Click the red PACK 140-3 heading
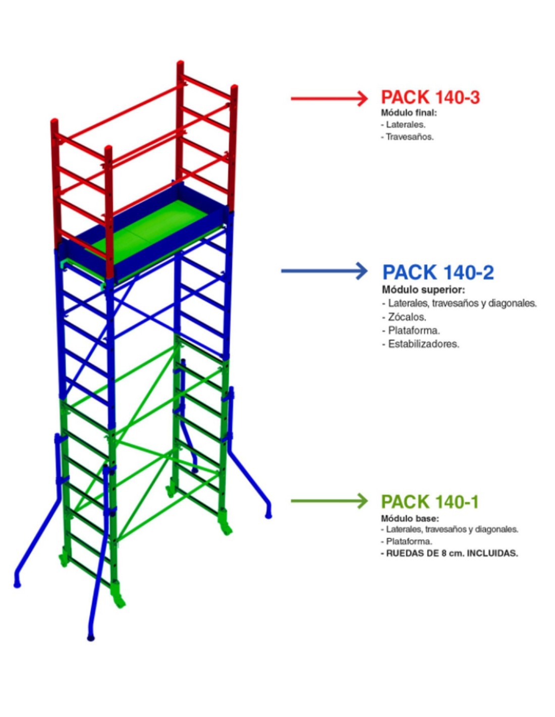430,97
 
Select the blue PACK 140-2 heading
437,272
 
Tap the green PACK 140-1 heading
429,502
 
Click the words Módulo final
409,113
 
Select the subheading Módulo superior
423,290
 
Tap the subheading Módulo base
410,518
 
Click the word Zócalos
407,317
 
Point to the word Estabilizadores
423,344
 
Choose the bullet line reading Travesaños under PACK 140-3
409,137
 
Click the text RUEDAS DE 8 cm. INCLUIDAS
452,553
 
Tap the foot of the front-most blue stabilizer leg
91,637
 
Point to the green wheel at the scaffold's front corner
119,601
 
